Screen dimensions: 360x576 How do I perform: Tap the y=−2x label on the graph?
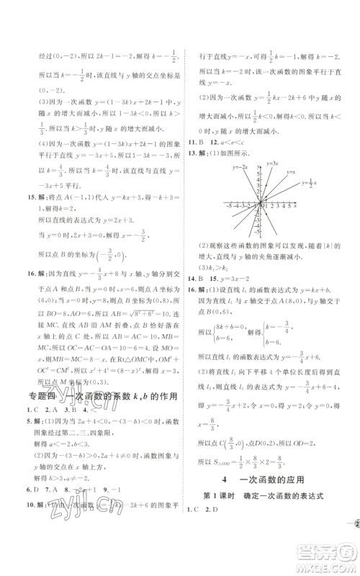click(x=241, y=168)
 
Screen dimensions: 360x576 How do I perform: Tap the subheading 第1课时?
click(x=236, y=515)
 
